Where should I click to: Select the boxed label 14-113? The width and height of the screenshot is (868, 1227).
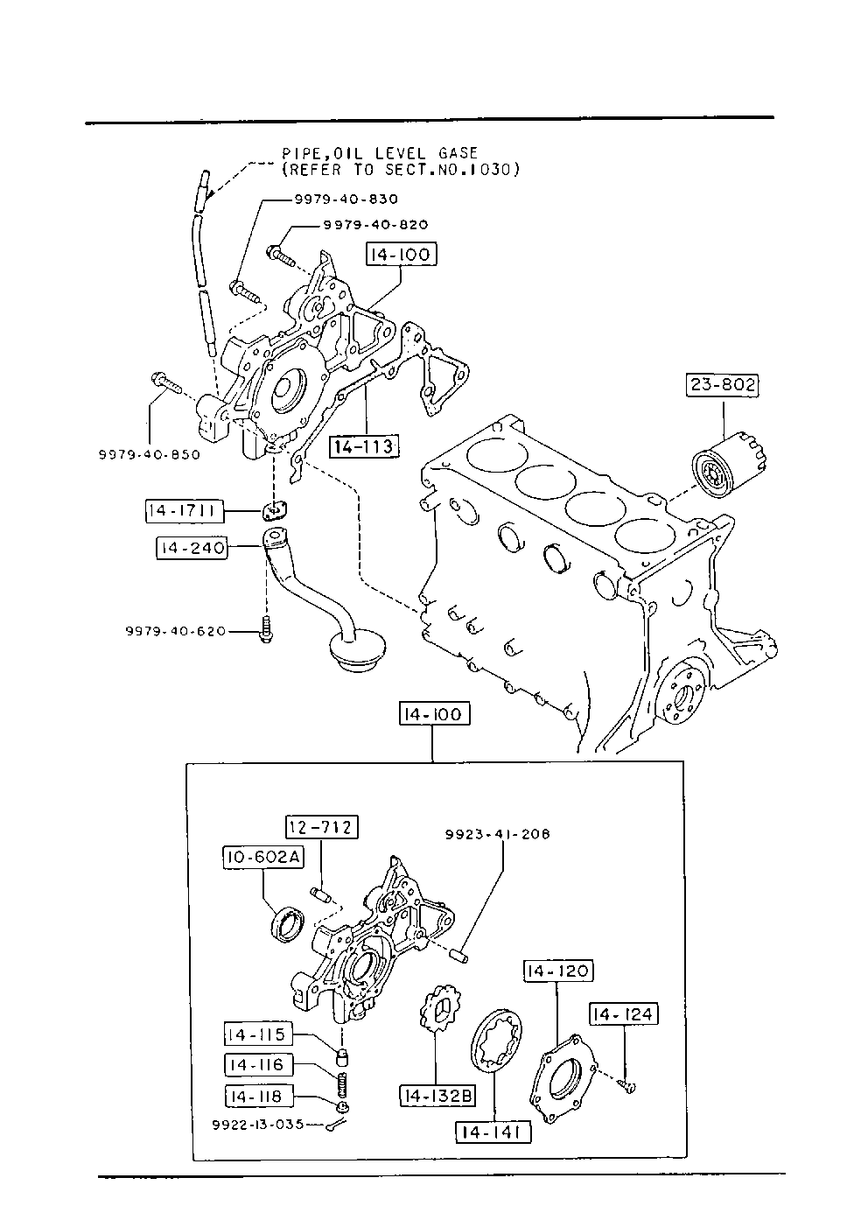(364, 446)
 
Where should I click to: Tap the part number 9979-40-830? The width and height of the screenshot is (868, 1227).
(346, 199)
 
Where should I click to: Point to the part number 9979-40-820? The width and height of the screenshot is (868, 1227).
(375, 225)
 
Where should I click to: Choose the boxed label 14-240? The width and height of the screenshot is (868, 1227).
(192, 548)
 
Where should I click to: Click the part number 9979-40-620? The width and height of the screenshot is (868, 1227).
(176, 632)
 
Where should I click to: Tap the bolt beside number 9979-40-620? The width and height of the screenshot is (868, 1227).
(267, 629)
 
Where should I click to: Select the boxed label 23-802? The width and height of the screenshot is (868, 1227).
(723, 384)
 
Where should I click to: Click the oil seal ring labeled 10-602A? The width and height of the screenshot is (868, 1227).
(288, 925)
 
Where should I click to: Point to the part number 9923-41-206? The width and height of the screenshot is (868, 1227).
(497, 834)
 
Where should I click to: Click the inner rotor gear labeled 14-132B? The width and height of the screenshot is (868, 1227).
(440, 1008)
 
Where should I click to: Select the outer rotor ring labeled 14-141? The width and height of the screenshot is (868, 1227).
(496, 1041)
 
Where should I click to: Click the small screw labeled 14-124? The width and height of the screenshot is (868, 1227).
(627, 1086)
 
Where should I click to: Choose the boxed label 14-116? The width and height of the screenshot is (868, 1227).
(258, 1065)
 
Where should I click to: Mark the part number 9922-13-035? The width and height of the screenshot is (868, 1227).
(258, 1125)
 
